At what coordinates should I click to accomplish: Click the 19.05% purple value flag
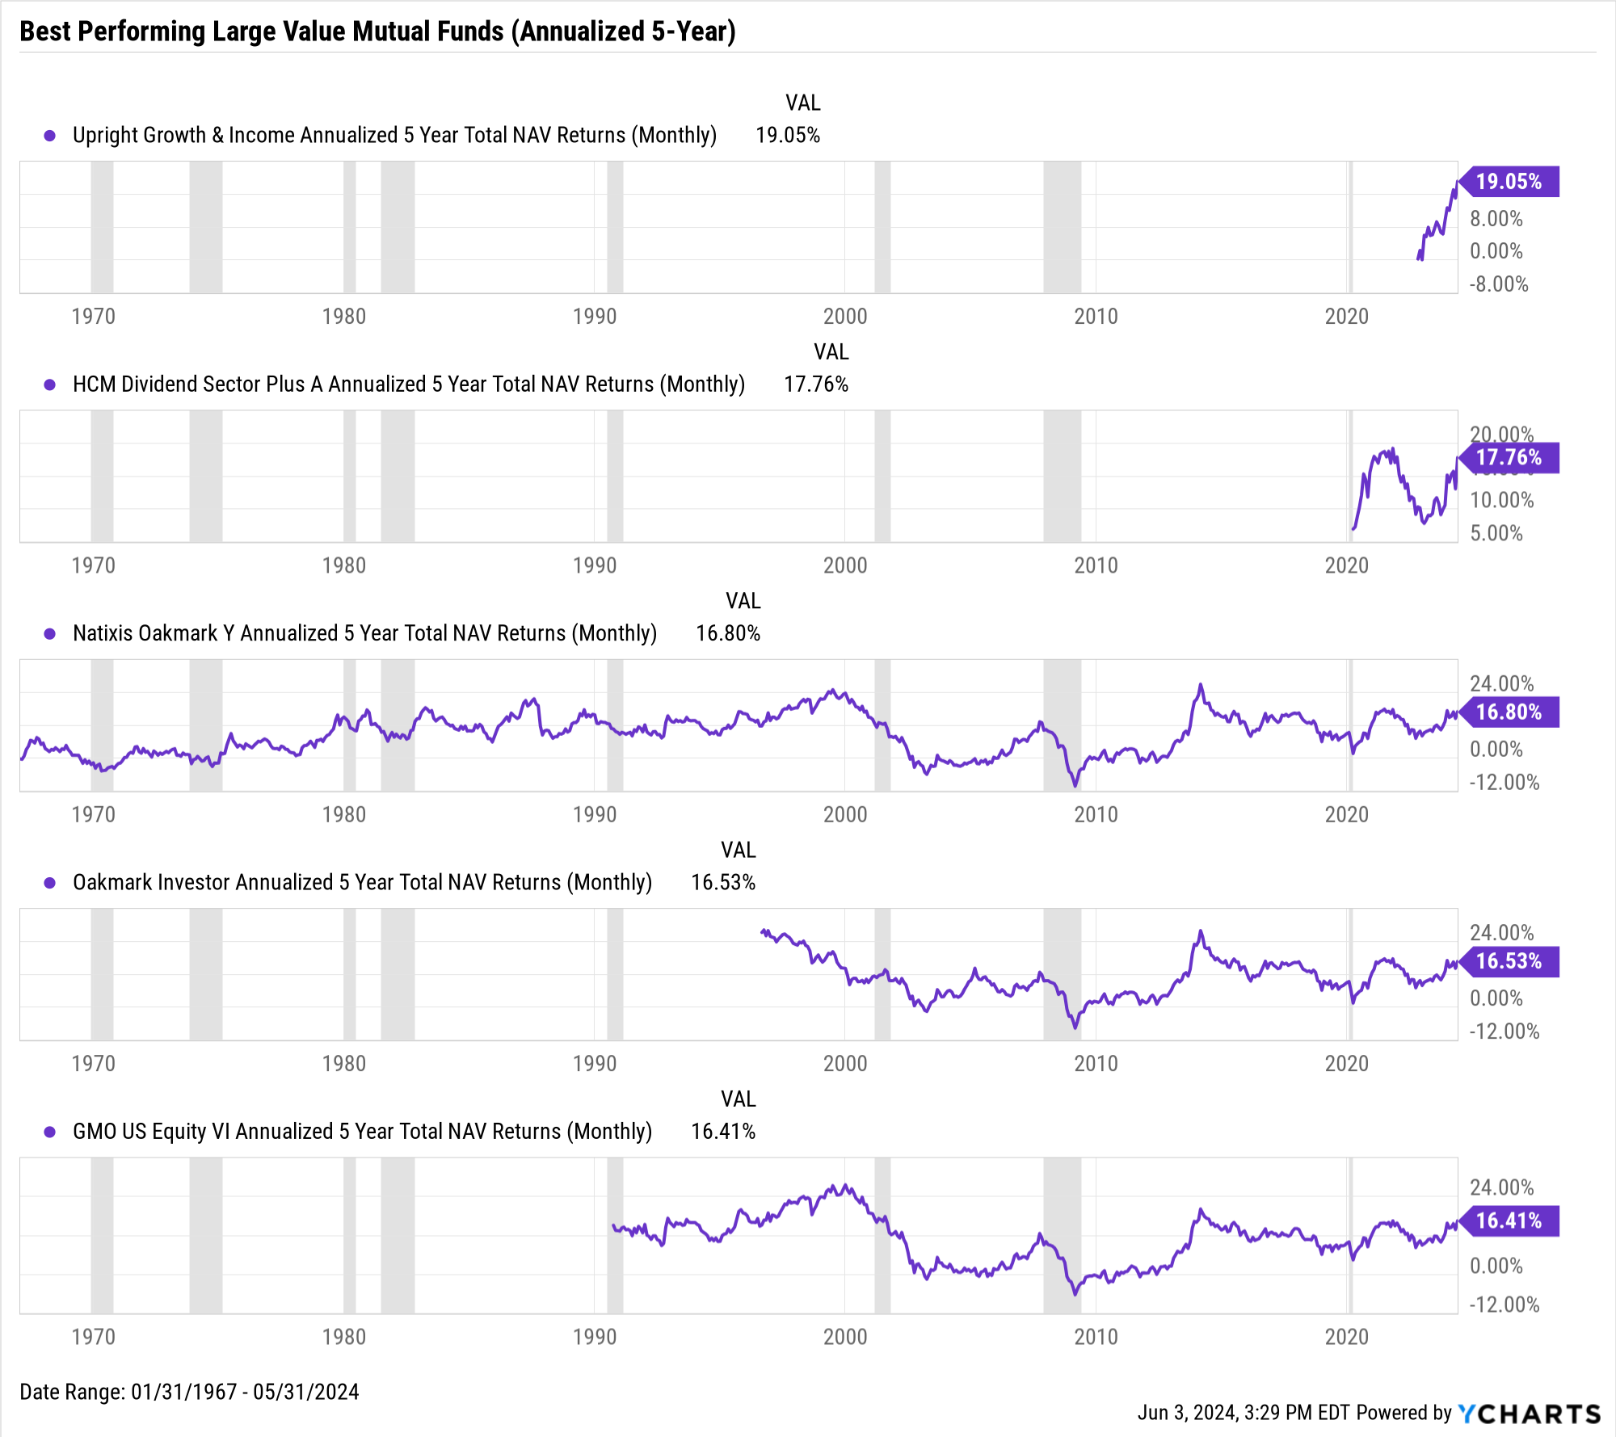click(x=1509, y=182)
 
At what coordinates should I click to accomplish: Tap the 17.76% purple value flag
click(x=1509, y=458)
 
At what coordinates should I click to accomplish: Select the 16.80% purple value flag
click(x=1509, y=712)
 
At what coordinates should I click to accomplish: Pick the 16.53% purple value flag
click(x=1509, y=961)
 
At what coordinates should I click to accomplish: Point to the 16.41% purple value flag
click(x=1509, y=1221)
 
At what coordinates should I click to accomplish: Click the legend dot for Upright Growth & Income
click(x=50, y=136)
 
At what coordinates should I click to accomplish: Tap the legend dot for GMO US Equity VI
click(x=50, y=1132)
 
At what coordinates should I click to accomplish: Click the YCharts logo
click(x=1530, y=1414)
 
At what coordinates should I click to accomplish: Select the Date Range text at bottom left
click(x=189, y=1392)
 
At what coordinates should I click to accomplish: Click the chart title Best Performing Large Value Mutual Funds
click(x=377, y=32)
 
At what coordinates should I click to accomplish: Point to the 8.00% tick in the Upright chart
click(x=1496, y=219)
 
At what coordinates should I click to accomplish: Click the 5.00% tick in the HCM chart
click(x=1496, y=533)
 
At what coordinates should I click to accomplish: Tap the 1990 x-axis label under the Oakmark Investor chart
click(x=595, y=1063)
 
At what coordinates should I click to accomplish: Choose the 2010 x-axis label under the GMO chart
click(x=1096, y=1337)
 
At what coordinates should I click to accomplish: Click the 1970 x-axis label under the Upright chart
click(x=94, y=316)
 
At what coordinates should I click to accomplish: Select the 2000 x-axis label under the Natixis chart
click(x=845, y=814)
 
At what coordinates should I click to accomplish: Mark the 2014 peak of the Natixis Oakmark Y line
click(x=1201, y=685)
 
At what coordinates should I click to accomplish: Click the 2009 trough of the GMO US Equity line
click(x=1075, y=1294)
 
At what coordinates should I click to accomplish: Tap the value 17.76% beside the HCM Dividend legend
click(x=816, y=384)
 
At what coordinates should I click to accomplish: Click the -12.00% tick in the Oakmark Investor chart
click(x=1504, y=1032)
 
